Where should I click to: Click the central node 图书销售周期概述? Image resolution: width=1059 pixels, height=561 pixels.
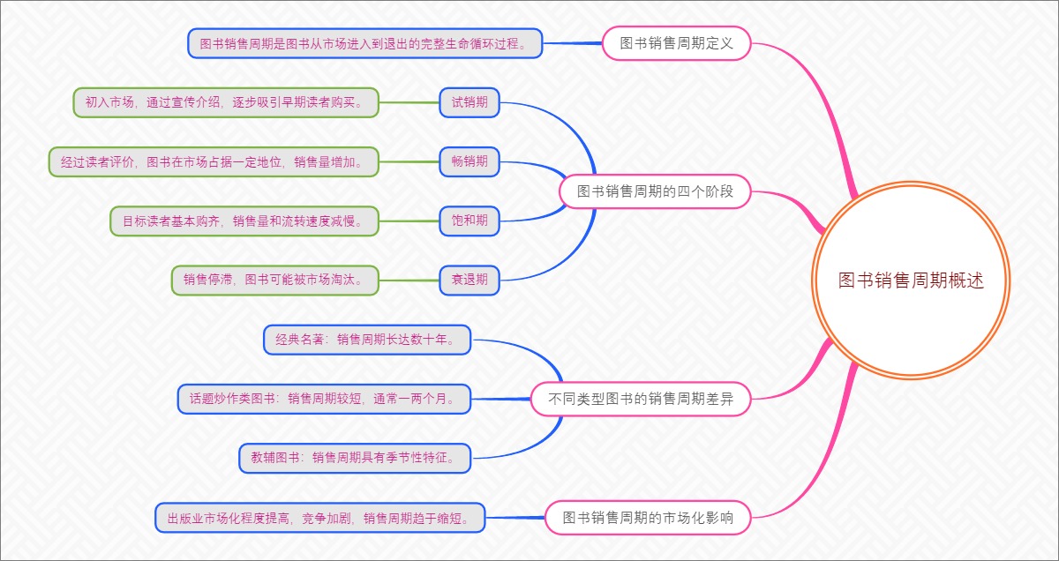click(x=910, y=280)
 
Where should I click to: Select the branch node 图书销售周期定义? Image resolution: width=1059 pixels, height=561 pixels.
click(x=676, y=42)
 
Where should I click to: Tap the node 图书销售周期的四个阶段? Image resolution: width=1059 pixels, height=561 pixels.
click(x=655, y=191)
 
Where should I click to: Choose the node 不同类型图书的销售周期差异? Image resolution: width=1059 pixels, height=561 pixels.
click(x=640, y=399)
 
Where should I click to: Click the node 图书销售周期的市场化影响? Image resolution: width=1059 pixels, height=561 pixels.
click(x=648, y=517)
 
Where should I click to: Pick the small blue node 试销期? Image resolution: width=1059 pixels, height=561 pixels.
click(x=469, y=102)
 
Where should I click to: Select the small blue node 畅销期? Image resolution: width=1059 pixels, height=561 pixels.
click(x=469, y=161)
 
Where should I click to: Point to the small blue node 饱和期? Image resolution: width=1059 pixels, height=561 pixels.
click(x=469, y=221)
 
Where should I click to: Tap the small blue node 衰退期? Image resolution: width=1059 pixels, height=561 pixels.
click(x=469, y=280)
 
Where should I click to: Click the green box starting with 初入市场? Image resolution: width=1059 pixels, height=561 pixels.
click(x=225, y=102)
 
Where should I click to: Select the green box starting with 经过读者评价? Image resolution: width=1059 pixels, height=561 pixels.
click(x=213, y=161)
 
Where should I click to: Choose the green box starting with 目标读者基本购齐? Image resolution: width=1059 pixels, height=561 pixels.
click(x=244, y=221)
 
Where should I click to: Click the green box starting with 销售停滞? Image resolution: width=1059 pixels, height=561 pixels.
click(x=274, y=280)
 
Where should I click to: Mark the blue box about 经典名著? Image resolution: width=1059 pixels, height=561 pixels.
click(x=367, y=339)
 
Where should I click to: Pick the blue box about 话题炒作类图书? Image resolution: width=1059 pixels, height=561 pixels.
click(x=324, y=399)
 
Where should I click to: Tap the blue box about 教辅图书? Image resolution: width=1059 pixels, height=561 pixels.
click(x=355, y=458)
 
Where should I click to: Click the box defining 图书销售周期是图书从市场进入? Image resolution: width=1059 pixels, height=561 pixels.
click(x=364, y=42)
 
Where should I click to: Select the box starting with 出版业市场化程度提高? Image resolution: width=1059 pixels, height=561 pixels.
click(x=320, y=517)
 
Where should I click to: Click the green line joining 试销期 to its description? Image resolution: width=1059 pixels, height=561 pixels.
click(x=409, y=102)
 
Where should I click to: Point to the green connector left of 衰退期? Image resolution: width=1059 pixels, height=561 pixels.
click(x=409, y=280)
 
